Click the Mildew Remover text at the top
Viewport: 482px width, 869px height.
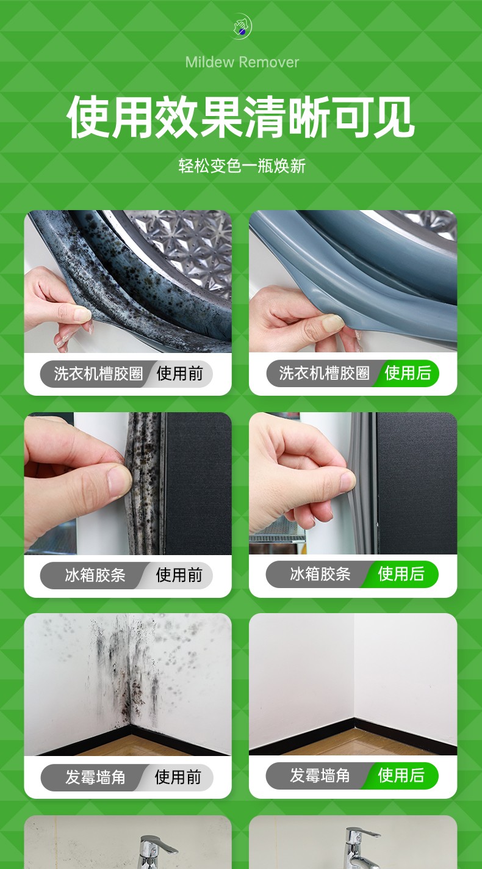tap(242, 62)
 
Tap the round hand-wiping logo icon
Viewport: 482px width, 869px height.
tap(242, 26)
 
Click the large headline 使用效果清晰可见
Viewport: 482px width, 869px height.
tap(240, 117)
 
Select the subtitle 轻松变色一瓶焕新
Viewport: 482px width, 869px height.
tap(242, 165)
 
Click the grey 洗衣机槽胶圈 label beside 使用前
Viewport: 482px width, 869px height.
tap(98, 374)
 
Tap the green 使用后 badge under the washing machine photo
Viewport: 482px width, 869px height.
tap(408, 373)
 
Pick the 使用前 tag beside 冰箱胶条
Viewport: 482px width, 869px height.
tap(179, 575)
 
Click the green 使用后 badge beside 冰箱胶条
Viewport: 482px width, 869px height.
tap(401, 574)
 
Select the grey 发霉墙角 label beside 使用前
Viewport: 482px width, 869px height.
tap(95, 777)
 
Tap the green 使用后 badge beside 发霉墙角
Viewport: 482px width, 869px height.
tap(401, 776)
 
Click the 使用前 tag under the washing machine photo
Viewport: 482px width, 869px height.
tap(180, 374)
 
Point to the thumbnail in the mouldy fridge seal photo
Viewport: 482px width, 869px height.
tap(119, 481)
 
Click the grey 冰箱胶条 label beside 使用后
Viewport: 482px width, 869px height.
tap(320, 574)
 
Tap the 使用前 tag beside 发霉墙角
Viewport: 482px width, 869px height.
tap(178, 777)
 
